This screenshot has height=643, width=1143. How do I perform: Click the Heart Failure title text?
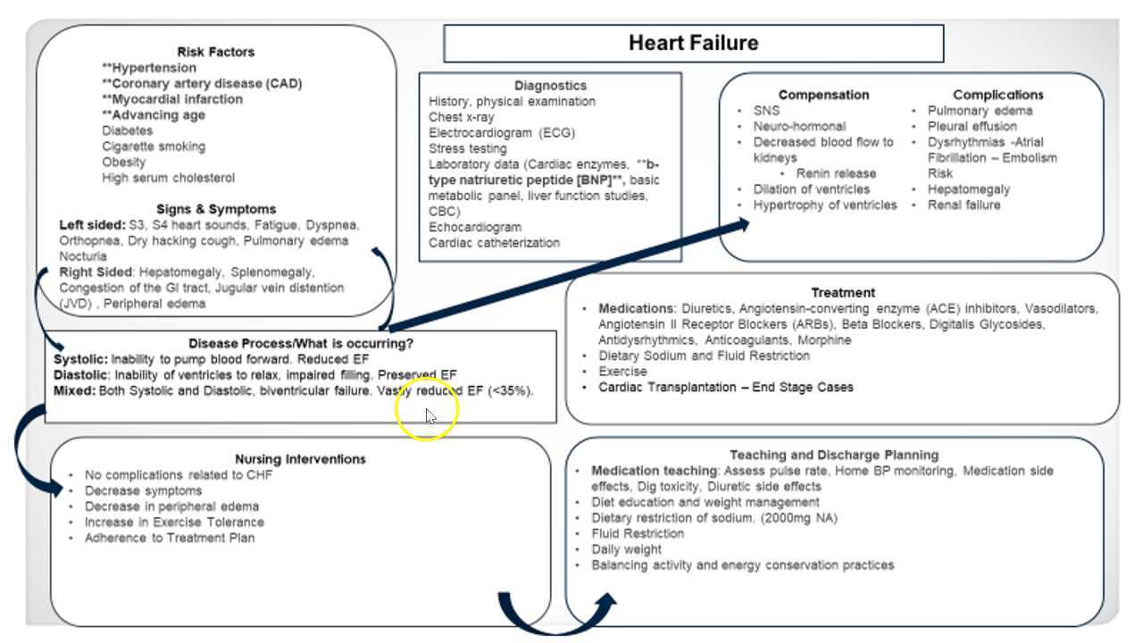pyautogui.click(x=693, y=43)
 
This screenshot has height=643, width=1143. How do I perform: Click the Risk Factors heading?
pyautogui.click(x=215, y=52)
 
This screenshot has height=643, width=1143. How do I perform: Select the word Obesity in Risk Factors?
pyautogui.click(x=123, y=162)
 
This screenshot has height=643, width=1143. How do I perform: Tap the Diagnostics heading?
pyautogui.click(x=550, y=86)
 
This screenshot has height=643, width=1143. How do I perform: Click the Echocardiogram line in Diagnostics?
pyautogui.click(x=474, y=227)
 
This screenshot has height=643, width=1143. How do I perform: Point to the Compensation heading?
pyautogui.click(x=822, y=95)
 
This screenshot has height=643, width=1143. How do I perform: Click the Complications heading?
pyautogui.click(x=997, y=95)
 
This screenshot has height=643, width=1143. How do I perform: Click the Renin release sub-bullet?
pyautogui.click(x=836, y=173)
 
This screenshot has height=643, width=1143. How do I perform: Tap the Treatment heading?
pyautogui.click(x=842, y=292)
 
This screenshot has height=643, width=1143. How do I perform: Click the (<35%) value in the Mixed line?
pyautogui.click(x=511, y=390)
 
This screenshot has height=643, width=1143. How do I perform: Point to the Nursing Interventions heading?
pyautogui.click(x=300, y=459)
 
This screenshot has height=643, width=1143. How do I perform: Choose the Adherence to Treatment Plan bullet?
pyautogui.click(x=169, y=538)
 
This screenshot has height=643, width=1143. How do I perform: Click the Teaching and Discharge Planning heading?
pyautogui.click(x=833, y=455)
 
